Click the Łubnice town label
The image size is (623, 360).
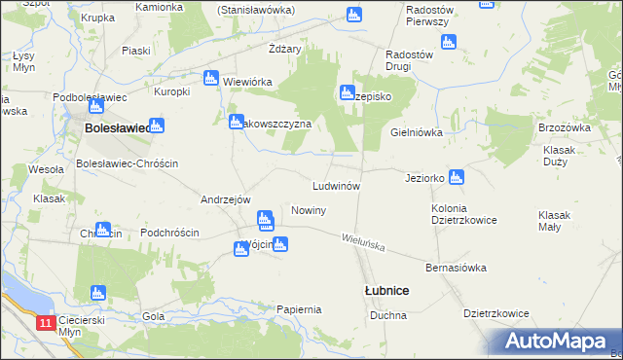[386, 291]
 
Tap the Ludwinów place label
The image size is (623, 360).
[337, 185]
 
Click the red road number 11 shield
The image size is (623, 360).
[47, 322]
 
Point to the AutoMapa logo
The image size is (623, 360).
[556, 342]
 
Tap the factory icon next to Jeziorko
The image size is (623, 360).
[456, 177]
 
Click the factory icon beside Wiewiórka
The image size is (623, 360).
[210, 78]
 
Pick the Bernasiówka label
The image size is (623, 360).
[456, 267]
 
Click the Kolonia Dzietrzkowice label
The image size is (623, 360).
[464, 214]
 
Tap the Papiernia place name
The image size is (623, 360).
[299, 309]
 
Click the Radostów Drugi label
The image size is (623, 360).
[409, 61]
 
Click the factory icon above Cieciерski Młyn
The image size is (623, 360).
[96, 292]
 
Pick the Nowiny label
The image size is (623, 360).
[308, 210]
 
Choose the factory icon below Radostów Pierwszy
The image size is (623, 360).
[448, 42]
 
